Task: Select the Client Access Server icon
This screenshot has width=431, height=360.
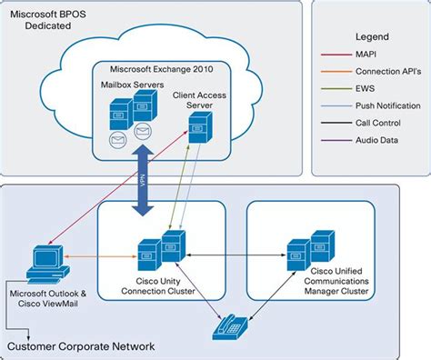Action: click(199, 130)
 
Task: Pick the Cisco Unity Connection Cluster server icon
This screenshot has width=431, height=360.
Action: click(160, 251)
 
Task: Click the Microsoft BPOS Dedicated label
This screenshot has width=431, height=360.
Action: click(53, 21)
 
